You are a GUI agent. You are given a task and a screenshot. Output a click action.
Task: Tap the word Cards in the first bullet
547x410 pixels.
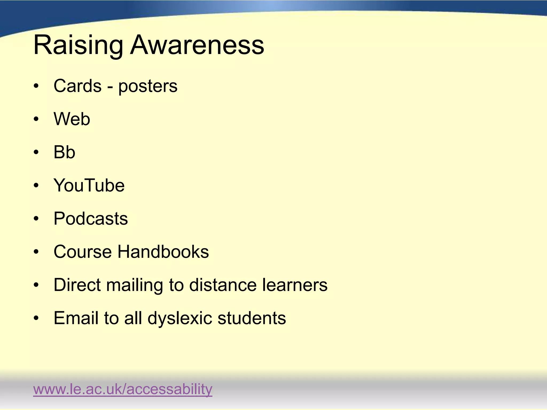[77, 86]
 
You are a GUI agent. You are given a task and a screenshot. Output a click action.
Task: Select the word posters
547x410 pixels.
[148, 86]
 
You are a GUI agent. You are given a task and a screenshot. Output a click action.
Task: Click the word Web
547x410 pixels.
[72, 119]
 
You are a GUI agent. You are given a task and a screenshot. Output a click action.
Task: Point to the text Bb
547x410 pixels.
[64, 152]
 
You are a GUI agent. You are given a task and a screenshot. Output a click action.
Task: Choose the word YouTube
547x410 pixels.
[89, 185]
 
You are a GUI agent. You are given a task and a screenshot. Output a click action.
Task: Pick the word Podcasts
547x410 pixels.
[91, 219]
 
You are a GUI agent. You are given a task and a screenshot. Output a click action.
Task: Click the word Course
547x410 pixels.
[83, 252]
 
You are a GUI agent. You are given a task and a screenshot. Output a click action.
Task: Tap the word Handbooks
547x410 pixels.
[163, 252]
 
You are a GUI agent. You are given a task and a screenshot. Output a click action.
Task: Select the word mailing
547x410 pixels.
[135, 285]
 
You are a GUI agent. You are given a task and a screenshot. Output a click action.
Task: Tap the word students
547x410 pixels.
[252, 318]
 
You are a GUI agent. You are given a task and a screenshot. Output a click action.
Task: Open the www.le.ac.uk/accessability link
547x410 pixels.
[123, 389]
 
